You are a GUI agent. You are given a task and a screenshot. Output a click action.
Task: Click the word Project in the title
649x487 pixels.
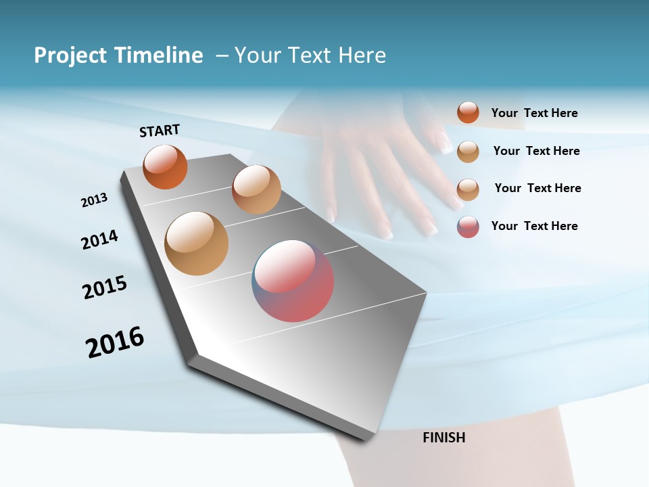[x=70, y=55]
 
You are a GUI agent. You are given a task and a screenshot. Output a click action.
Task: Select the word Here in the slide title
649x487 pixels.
[x=362, y=55]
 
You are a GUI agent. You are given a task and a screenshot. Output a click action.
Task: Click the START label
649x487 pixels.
[x=160, y=131]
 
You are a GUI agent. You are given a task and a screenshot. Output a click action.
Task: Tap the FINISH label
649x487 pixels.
[x=443, y=438]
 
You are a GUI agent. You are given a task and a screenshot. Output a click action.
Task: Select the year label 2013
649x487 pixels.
[x=94, y=200]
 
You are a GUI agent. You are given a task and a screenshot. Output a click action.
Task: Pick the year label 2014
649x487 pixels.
[x=99, y=239]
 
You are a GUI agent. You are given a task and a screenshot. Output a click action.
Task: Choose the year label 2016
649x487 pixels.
[x=115, y=342]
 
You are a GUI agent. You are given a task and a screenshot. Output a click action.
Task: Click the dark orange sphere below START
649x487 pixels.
[x=165, y=166]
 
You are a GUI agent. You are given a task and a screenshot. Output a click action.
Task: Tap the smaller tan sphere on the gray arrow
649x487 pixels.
[x=256, y=189]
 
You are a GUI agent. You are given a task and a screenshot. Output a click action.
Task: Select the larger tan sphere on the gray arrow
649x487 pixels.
[x=196, y=243]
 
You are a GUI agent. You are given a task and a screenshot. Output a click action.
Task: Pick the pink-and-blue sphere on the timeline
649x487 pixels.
[x=293, y=280]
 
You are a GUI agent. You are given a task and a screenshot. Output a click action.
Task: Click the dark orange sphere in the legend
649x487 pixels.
[x=468, y=113]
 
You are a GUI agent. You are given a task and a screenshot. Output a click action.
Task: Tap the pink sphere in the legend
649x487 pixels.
[x=468, y=227]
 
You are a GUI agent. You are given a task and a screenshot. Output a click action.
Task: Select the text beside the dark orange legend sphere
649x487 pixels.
[x=534, y=113]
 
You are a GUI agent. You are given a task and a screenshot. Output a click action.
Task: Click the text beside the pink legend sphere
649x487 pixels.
[x=534, y=226]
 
